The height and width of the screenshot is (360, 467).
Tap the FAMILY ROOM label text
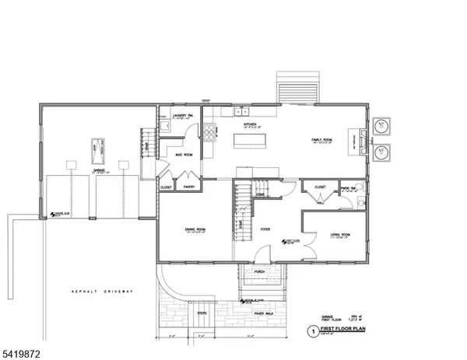(322, 139)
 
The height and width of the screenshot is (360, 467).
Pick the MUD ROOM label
(184, 155)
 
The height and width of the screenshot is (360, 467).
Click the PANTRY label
(188, 187)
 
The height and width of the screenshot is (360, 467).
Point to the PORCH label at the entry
(259, 271)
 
